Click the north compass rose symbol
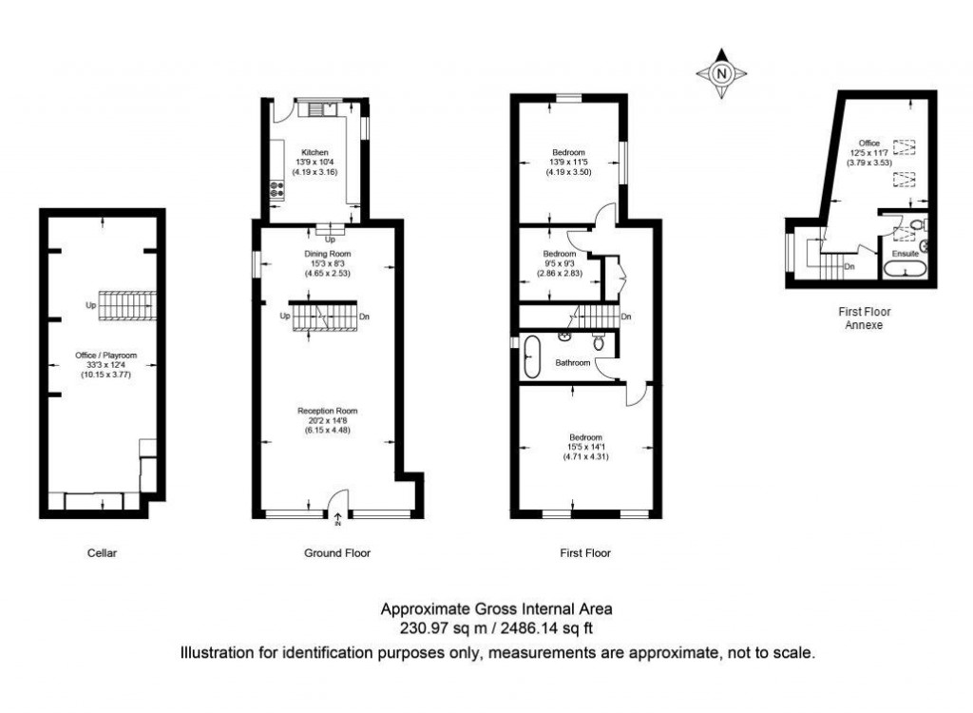pyautogui.click(x=722, y=73)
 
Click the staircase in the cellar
pyautogui.click(x=127, y=307)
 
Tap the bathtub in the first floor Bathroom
pyautogui.click(x=532, y=356)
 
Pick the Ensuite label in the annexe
pyautogui.click(x=904, y=254)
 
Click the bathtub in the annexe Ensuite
pyautogui.click(x=905, y=271)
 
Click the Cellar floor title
pyautogui.click(x=102, y=552)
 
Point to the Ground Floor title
pyautogui.click(x=337, y=552)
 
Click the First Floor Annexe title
pyautogui.click(x=864, y=318)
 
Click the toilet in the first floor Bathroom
pyautogui.click(x=599, y=341)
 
